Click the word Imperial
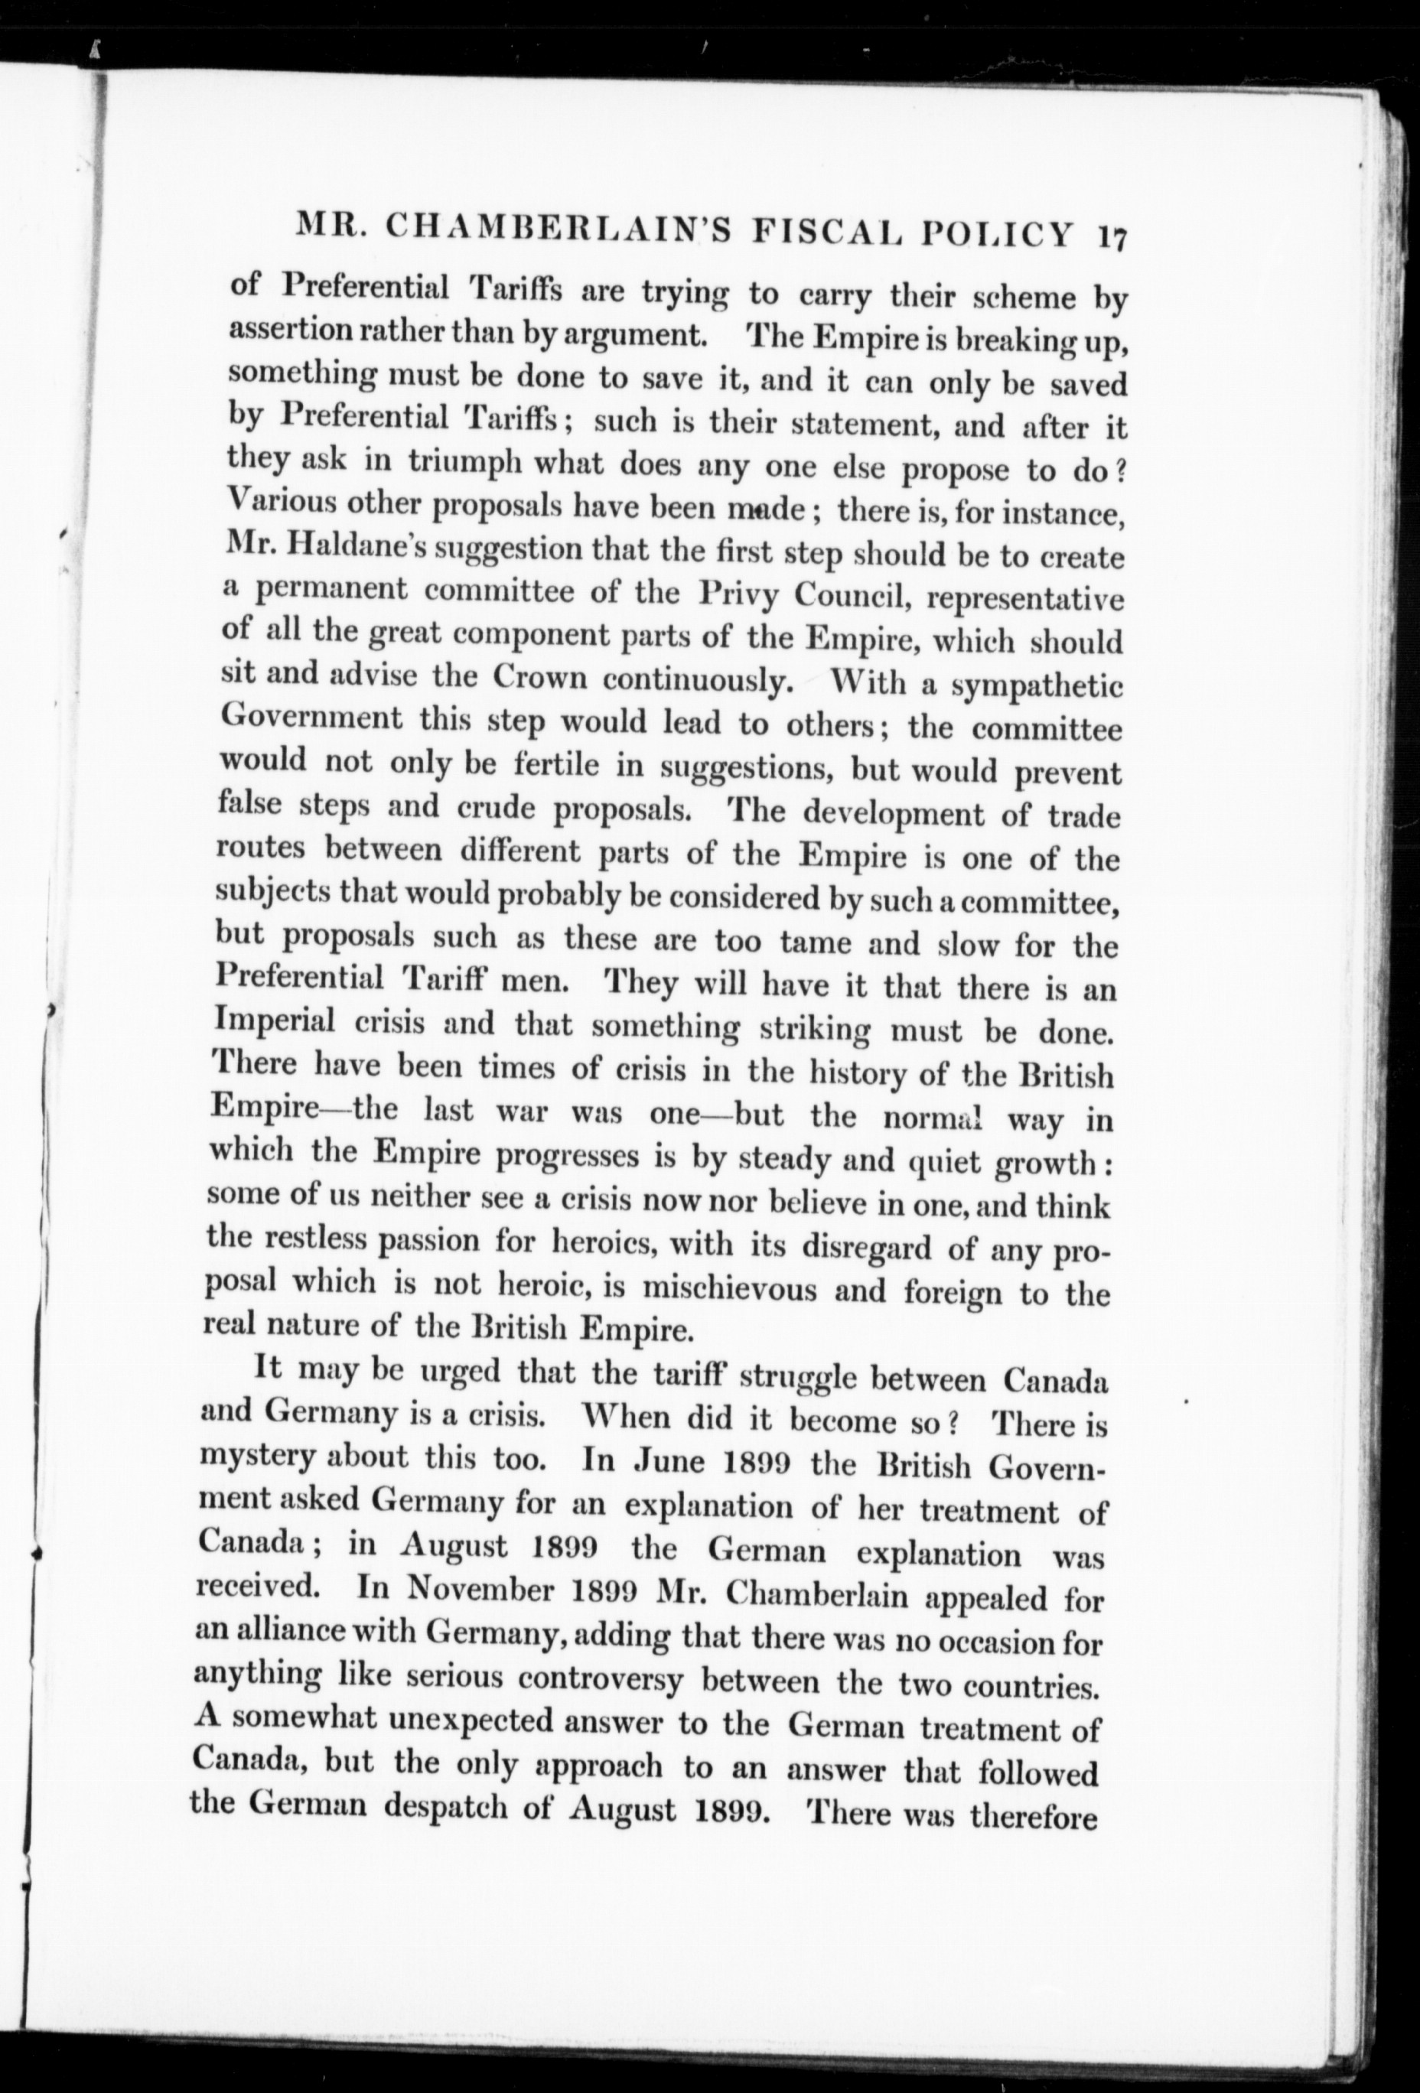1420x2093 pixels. [x=275, y=1020]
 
